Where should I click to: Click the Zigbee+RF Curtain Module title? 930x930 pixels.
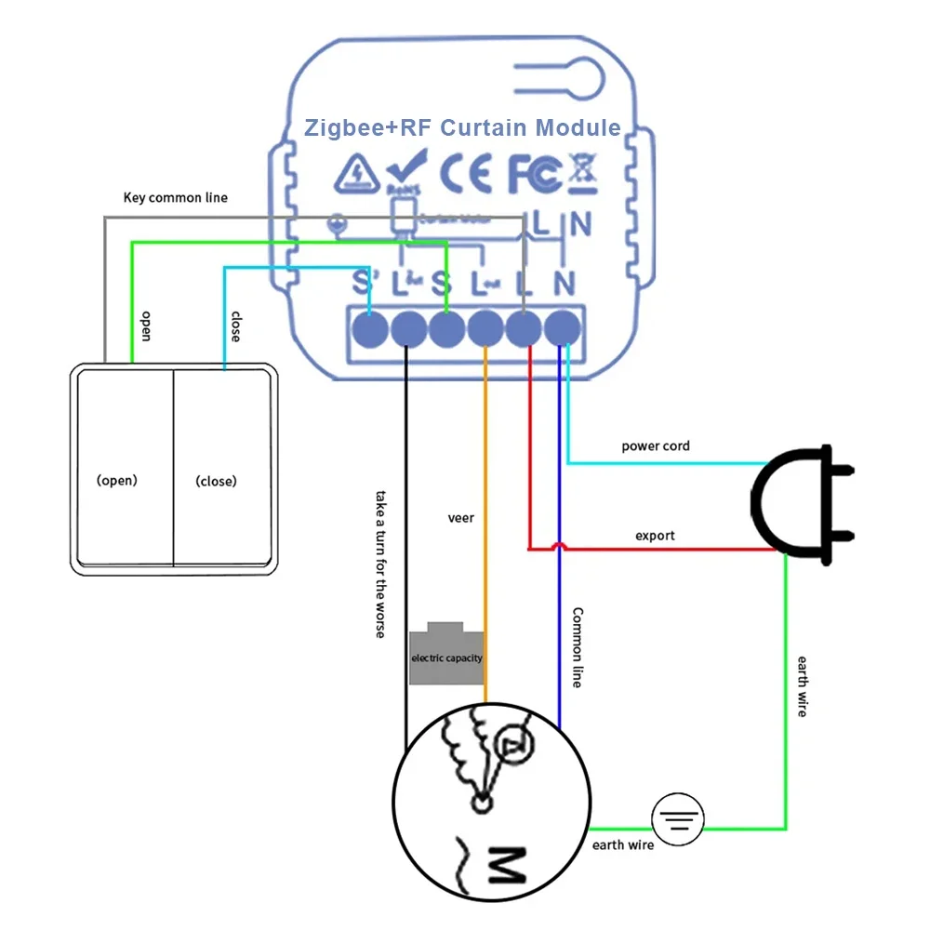[x=462, y=127]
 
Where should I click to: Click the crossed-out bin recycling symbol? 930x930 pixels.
[x=583, y=173]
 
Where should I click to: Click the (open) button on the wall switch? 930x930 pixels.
[x=117, y=481]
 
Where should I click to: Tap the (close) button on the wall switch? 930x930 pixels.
[x=216, y=481]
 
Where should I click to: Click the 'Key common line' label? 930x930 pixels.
[x=176, y=198]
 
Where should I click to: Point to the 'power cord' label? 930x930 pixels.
[x=656, y=446]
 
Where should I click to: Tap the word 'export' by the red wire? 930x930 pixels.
[x=655, y=536]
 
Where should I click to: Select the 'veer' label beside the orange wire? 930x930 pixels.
[x=460, y=517]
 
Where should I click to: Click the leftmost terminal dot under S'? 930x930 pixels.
[x=370, y=327]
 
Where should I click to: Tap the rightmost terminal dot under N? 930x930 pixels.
[x=564, y=327]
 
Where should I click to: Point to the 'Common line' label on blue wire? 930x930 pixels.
[x=577, y=647]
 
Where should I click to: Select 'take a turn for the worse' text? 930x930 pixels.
[x=380, y=564]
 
